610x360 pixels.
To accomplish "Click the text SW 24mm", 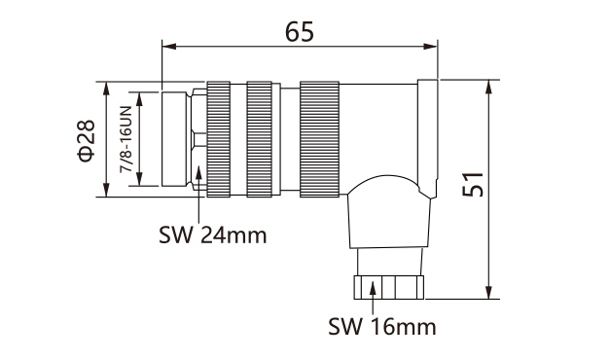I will [211, 234].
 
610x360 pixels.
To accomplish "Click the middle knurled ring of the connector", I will [260, 138].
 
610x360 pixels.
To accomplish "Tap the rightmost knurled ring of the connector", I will [319, 138].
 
